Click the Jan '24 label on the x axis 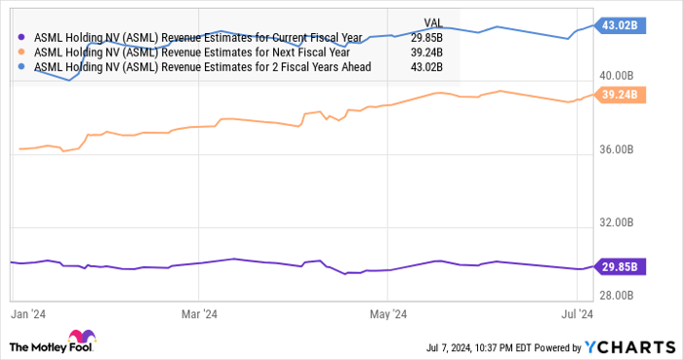click(26, 314)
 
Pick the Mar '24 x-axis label click(198, 314)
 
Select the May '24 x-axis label click(387, 314)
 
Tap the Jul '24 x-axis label click(576, 314)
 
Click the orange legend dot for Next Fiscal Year click(23, 53)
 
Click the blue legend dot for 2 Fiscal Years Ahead click(23, 67)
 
